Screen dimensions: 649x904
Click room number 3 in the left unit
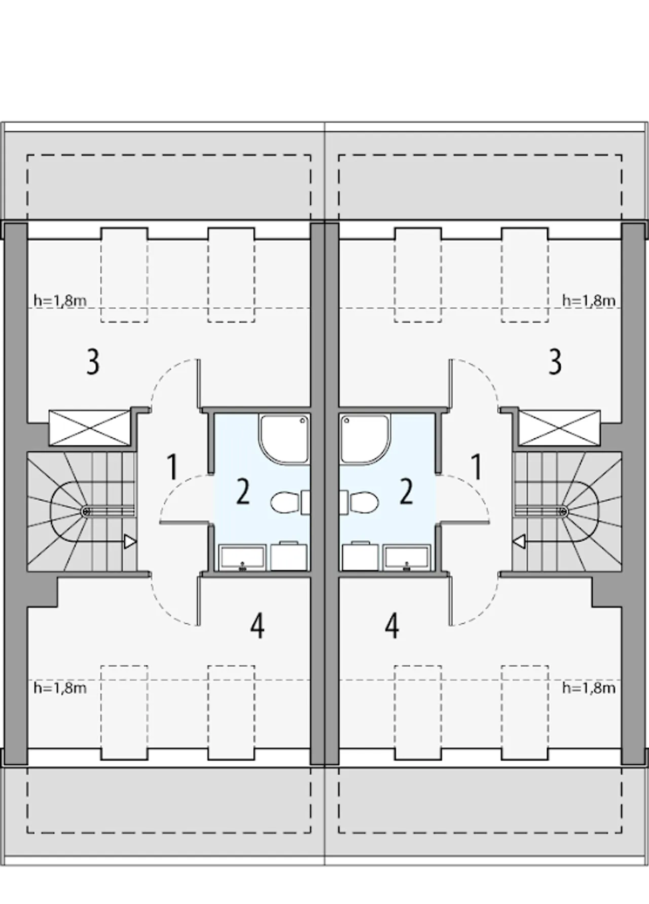pos(93,362)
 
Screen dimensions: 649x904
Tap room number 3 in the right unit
pos(555,362)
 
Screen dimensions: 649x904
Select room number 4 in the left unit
pos(257,626)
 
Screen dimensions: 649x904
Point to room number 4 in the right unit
pos(392,626)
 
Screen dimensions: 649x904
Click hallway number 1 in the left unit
pos(172,467)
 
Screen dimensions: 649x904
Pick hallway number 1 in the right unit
pos(476,467)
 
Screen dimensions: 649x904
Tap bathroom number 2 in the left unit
pos(243,492)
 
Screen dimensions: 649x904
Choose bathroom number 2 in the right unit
pos(406,492)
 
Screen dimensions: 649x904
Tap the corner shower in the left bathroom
pos(284,439)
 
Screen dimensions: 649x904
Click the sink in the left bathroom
pos(242,557)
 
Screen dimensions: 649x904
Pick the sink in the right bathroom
pos(407,557)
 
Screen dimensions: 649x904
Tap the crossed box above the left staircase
pos(90,428)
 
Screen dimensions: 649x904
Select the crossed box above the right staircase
pos(559,428)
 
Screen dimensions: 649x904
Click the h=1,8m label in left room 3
pos(60,300)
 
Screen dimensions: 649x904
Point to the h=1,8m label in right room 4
pos(589,688)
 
